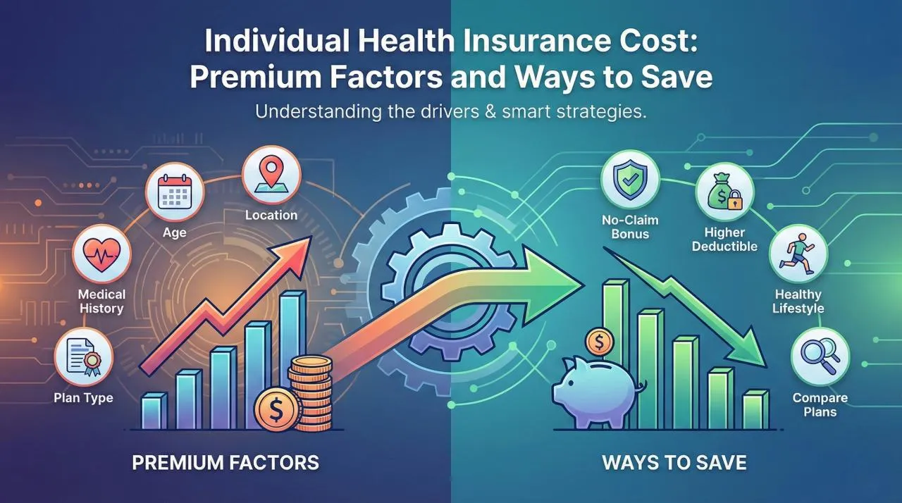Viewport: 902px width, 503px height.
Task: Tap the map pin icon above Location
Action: click(x=271, y=172)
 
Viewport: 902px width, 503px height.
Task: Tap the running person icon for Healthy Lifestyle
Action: click(x=797, y=254)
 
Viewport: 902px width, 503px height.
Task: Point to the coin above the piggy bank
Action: click(x=599, y=343)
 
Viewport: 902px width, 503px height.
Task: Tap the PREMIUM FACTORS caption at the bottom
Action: click(x=225, y=463)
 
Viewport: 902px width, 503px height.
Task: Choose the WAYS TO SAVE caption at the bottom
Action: click(x=674, y=463)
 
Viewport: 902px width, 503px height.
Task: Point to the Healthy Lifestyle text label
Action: click(x=798, y=301)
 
